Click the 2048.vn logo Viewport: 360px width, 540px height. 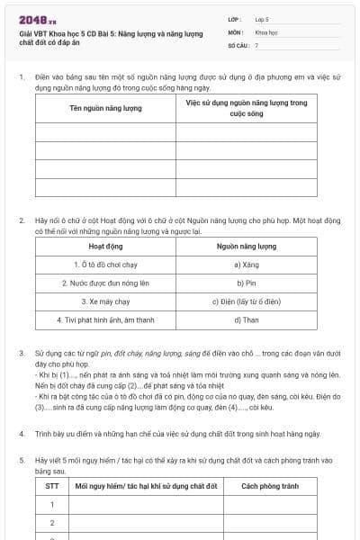[37, 21]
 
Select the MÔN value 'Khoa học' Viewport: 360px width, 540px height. [266, 31]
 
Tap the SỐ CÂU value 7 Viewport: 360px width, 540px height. [257, 44]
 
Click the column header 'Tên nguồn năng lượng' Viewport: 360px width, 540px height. [105, 109]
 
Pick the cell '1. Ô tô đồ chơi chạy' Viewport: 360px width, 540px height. [105, 265]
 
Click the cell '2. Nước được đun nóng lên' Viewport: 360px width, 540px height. [105, 283]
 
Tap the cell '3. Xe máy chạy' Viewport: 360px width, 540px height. [105, 301]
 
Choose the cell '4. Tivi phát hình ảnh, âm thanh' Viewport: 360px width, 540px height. [105, 319]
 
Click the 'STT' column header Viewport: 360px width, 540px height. [51, 487]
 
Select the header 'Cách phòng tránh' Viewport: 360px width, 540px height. [268, 487]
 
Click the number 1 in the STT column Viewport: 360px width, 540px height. [51, 505]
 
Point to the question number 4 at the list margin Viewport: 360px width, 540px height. [22, 434]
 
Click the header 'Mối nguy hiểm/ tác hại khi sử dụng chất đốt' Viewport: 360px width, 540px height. [147, 487]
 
